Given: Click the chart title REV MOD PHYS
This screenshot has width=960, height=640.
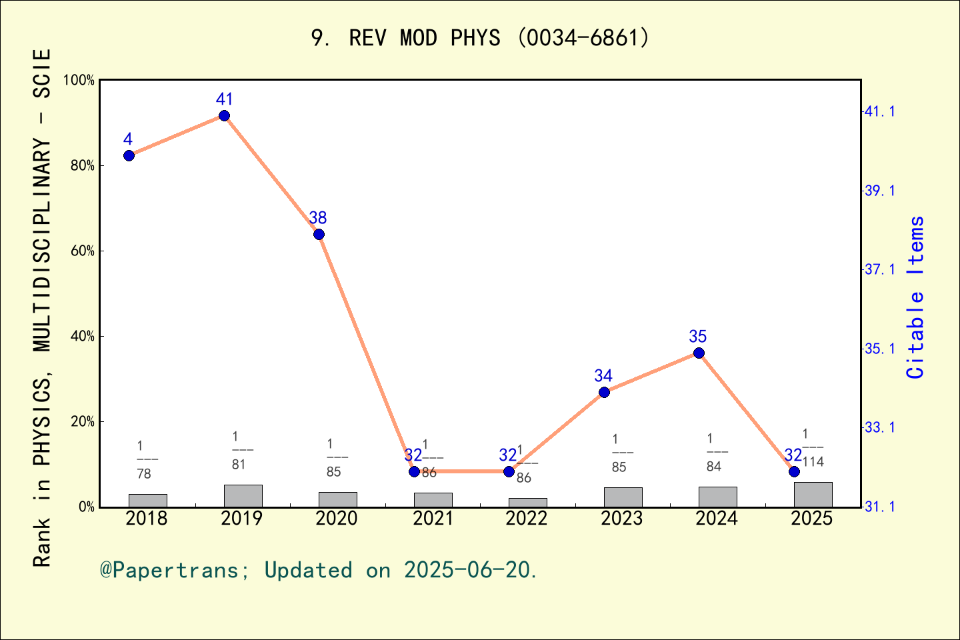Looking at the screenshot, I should pyautogui.click(x=480, y=38).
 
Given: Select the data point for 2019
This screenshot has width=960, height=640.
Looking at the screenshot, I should pyautogui.click(x=225, y=116).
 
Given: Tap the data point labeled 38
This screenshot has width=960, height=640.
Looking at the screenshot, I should pyautogui.click(x=319, y=234).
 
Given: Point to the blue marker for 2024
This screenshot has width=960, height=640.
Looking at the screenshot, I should pyautogui.click(x=699, y=353).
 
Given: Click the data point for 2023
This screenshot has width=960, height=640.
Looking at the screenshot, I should pyautogui.click(x=604, y=392).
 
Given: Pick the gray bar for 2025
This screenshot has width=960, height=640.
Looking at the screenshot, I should pyautogui.click(x=813, y=494).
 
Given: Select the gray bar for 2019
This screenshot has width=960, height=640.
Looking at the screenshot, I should pyautogui.click(x=243, y=495).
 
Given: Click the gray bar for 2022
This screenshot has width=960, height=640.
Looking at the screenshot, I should pyautogui.click(x=527, y=502).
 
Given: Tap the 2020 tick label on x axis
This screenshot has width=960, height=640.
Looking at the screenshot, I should pyautogui.click(x=337, y=519).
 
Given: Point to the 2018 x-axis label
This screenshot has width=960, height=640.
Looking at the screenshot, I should pyautogui.click(x=147, y=519).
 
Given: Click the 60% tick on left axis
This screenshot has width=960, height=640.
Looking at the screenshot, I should pyautogui.click(x=83, y=251).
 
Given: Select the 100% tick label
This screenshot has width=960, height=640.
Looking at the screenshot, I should pyautogui.click(x=79, y=80).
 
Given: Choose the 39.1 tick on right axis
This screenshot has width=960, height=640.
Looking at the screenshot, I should pyautogui.click(x=880, y=191).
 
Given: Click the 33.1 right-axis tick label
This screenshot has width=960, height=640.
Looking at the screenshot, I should pyautogui.click(x=880, y=427).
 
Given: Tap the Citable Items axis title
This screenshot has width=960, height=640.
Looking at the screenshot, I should pyautogui.click(x=916, y=297).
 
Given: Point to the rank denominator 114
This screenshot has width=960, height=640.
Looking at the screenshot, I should pyautogui.click(x=813, y=462).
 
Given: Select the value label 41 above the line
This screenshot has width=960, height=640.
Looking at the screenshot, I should pyautogui.click(x=225, y=99).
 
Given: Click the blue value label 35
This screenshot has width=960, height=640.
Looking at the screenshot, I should pyautogui.click(x=698, y=337).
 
